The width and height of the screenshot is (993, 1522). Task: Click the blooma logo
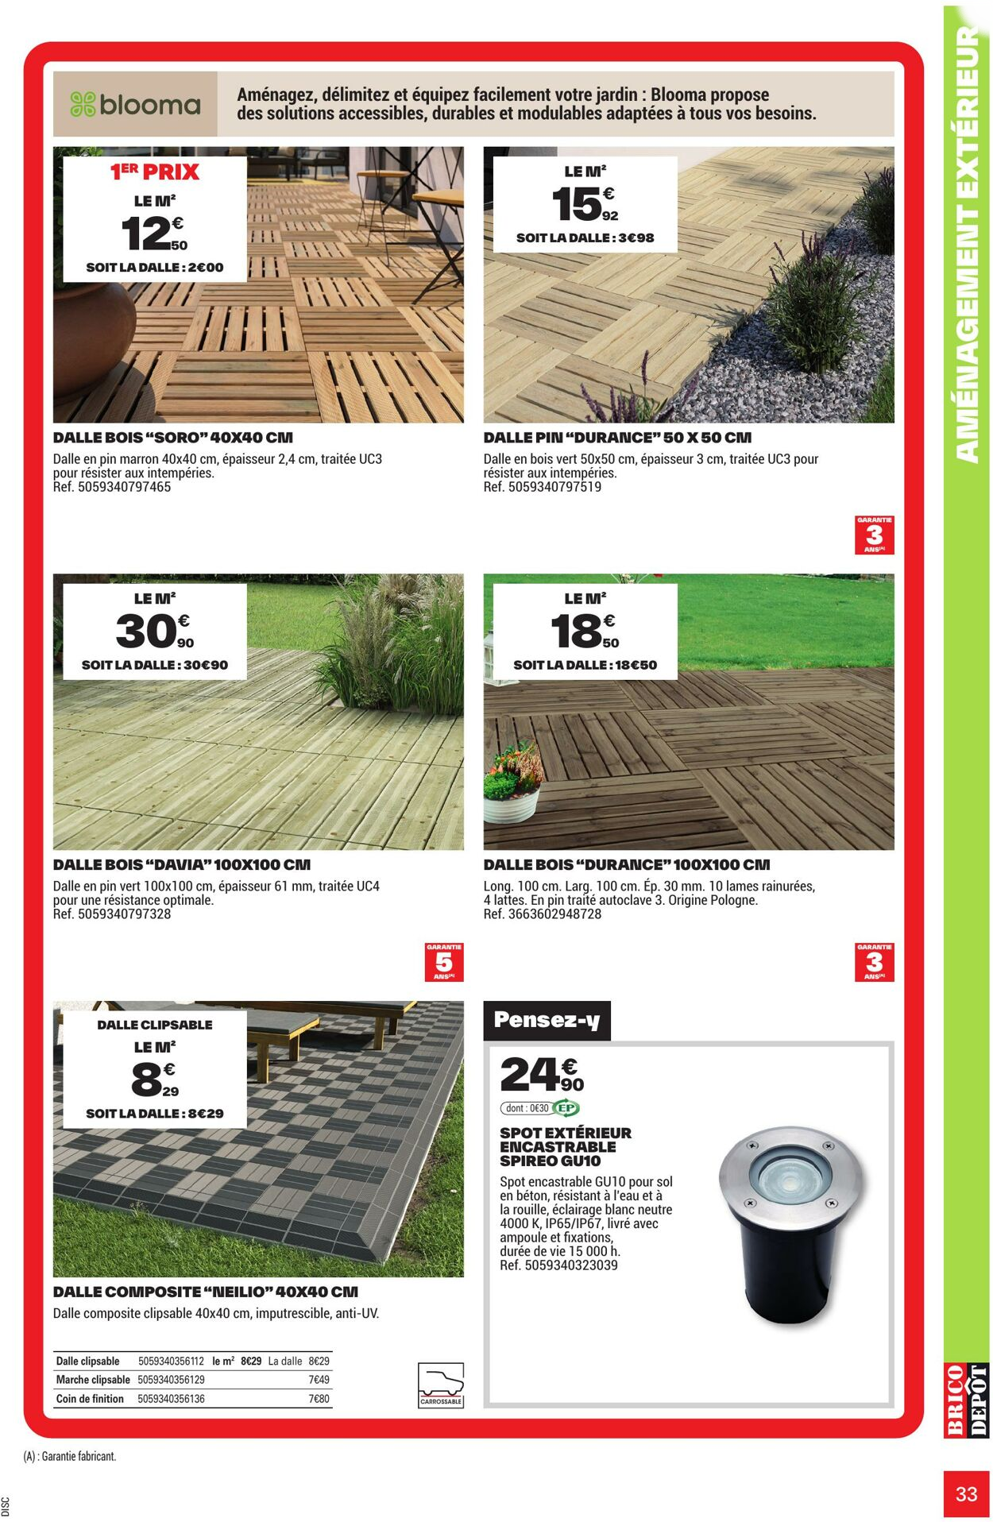135,104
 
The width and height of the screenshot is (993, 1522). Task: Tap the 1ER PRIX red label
155,172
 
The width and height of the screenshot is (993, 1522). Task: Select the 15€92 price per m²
585,204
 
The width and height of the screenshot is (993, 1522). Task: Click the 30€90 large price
154,632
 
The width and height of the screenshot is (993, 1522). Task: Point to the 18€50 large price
585,632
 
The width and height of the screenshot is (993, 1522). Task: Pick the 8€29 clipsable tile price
154,1080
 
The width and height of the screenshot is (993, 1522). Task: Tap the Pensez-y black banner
547,1020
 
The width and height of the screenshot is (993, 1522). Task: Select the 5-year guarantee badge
444,961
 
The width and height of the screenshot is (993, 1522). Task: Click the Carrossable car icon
441,1385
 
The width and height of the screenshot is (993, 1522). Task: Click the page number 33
966,1493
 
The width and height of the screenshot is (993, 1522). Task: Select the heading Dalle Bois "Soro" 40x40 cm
173,438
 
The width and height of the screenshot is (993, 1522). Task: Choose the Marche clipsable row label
93,1380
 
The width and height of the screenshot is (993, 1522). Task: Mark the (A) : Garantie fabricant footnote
70,1456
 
